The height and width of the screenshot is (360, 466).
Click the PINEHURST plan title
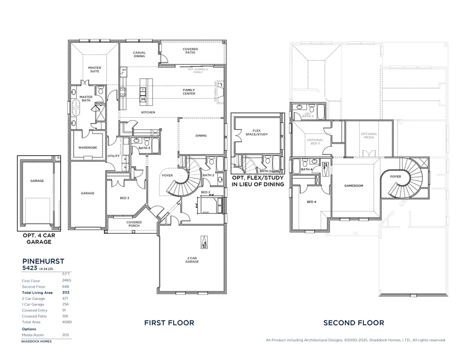pyautogui.click(x=43, y=262)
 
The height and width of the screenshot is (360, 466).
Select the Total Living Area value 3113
pyautogui.click(x=66, y=292)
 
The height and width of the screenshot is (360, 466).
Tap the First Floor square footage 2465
pyautogui.click(x=66, y=281)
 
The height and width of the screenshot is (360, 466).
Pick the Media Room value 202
pyautogui.click(x=66, y=335)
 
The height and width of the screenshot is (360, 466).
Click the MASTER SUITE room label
pyautogui.click(x=95, y=69)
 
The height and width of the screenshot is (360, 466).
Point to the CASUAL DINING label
pyautogui.click(x=139, y=54)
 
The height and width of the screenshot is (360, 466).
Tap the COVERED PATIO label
pyautogui.click(x=190, y=51)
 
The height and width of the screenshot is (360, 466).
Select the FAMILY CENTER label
pyautogui.click(x=189, y=92)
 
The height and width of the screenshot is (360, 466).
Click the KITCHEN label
pyautogui.click(x=148, y=112)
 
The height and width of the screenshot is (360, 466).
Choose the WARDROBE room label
pyautogui.click(x=87, y=148)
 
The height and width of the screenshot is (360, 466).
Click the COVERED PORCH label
pyautogui.click(x=134, y=224)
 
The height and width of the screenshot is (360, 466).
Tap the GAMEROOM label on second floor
pyautogui.click(x=353, y=185)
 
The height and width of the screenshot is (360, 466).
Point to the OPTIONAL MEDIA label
pyautogui.click(x=369, y=136)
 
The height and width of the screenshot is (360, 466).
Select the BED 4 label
pyautogui.click(x=311, y=202)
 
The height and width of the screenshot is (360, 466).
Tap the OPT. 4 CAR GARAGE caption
pyautogui.click(x=37, y=239)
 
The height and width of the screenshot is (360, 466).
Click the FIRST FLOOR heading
pyautogui.click(x=169, y=322)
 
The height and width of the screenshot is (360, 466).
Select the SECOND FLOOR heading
pyautogui.click(x=354, y=322)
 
